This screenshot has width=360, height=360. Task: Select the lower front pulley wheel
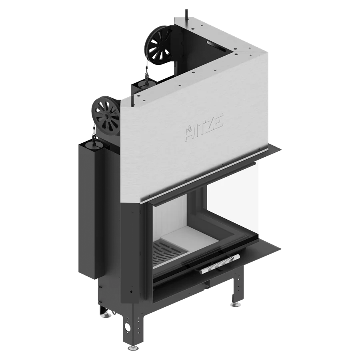click(x=106, y=116)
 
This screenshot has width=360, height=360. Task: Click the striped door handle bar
click(x=219, y=264)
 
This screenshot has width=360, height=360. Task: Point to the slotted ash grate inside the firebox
click(x=167, y=252)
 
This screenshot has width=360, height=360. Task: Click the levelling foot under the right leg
click(x=235, y=304)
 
